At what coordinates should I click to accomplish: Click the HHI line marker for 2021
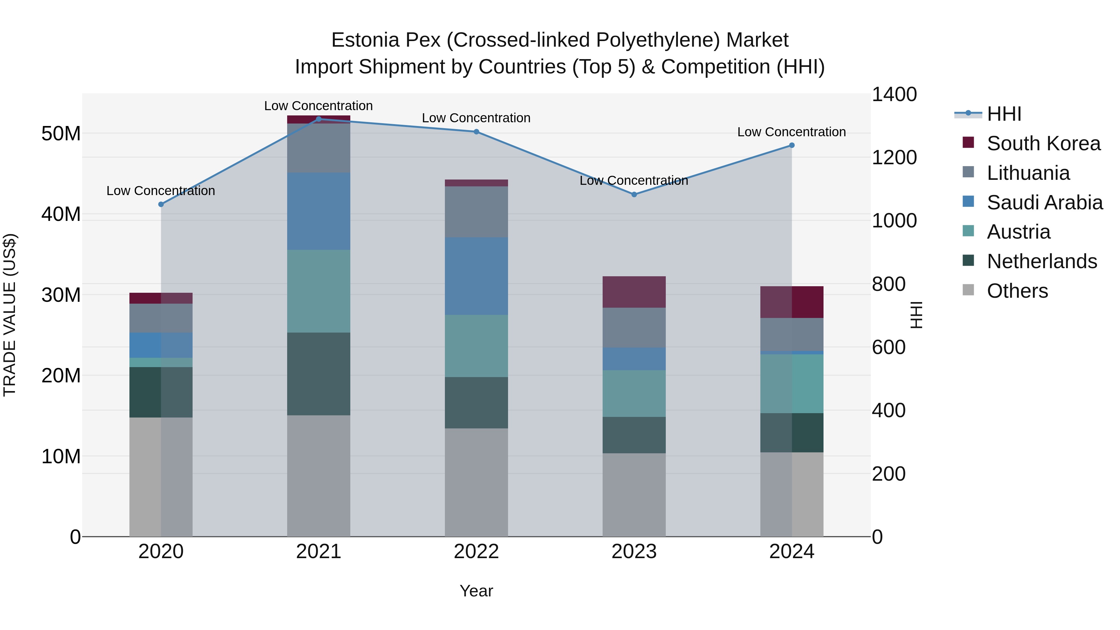click(318, 119)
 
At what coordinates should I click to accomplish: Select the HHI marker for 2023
click(634, 194)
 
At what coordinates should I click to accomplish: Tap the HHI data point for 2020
click(161, 204)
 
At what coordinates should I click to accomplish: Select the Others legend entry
click(1017, 291)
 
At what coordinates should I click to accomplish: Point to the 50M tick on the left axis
click(61, 133)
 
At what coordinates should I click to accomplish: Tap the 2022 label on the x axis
click(476, 552)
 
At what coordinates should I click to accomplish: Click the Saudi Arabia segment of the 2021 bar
click(318, 211)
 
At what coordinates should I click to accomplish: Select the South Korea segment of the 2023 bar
click(634, 292)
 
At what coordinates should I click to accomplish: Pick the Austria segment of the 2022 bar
click(476, 346)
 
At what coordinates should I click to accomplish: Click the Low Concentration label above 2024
click(791, 132)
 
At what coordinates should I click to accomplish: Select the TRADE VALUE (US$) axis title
click(10, 315)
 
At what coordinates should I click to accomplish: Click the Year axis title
click(476, 591)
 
